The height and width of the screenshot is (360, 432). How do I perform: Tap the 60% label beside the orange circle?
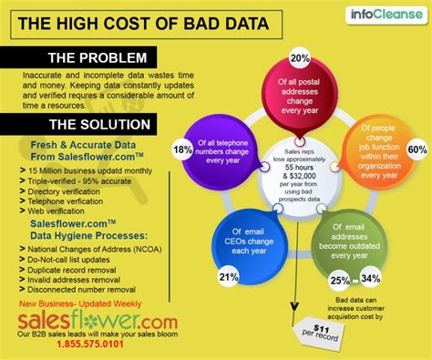[417, 149]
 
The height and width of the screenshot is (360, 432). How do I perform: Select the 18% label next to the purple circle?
[182, 149]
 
